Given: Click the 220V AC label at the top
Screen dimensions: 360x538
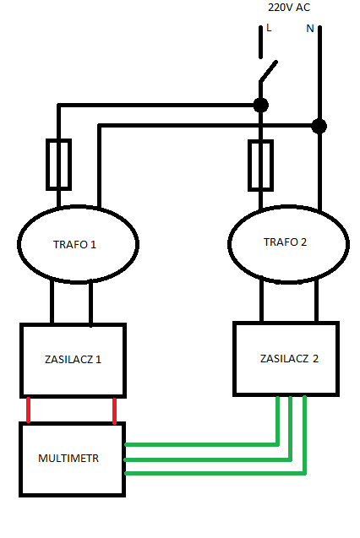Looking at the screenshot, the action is point(289,8).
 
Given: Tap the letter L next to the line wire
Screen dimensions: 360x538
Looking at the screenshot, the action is point(269,28).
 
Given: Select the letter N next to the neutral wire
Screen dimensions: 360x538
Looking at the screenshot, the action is point(310,29).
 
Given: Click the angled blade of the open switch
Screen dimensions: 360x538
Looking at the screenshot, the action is point(268,71).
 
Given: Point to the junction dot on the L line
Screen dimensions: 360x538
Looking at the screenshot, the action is point(261,105).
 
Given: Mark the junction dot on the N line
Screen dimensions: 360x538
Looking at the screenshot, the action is point(319,127).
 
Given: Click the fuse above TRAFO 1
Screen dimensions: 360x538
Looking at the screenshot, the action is point(58,165).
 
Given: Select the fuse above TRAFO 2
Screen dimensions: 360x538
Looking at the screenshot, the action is point(261,165).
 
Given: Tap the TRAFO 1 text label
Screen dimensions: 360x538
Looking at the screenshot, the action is point(74,245).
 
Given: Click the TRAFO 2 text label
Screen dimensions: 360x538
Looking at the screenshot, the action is point(285,242).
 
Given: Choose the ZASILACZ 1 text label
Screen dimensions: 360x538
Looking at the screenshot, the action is point(73,359).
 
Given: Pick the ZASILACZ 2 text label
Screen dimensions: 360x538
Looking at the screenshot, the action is point(289,359).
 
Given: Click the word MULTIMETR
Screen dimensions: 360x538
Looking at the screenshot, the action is point(68,459).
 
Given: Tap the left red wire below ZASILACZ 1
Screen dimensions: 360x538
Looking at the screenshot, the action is point(29,410).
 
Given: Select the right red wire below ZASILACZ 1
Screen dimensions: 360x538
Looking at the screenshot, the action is point(115,410).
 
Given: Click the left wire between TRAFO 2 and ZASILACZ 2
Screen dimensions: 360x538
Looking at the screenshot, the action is point(261,302).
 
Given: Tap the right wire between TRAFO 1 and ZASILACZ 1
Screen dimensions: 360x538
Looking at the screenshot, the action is point(90,302).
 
